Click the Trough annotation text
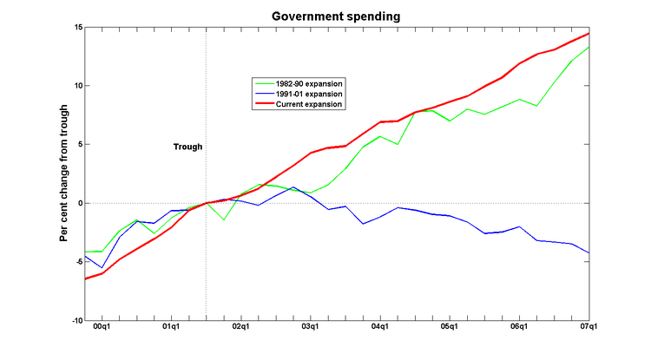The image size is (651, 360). pos(187,147)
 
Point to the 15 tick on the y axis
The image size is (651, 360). pos(76,28)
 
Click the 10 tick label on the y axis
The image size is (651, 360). pos(76,86)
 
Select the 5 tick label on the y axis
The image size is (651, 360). pos(78,145)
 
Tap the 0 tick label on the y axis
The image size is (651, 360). pos(78,203)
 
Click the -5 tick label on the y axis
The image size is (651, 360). pos(76,261)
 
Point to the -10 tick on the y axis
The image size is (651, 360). pos(75,320)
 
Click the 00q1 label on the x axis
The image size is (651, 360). pos(101,328)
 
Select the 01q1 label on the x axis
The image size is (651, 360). pos(171,328)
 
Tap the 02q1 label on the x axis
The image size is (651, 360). pos(240,328)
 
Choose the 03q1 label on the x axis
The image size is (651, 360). pos(310,328)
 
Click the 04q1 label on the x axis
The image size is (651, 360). pos(380,328)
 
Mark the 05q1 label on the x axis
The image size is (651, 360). pos(450,328)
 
